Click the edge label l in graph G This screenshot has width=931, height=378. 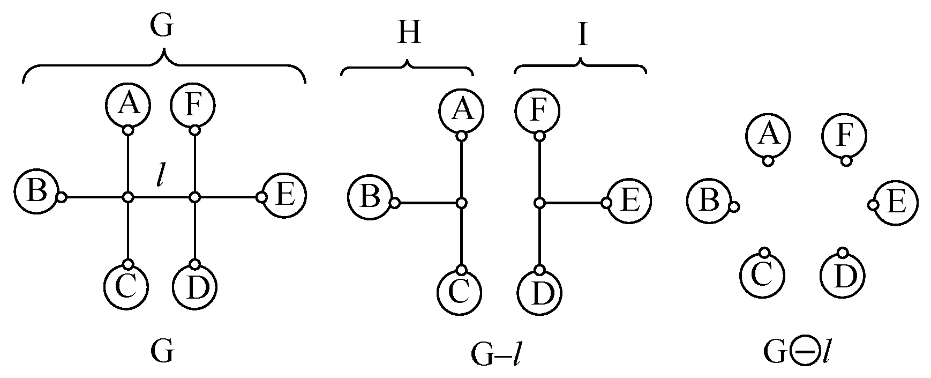click(160, 177)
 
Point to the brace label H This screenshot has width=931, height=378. click(409, 33)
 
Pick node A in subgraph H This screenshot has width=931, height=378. click(462, 110)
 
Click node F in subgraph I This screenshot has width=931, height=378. click(538, 110)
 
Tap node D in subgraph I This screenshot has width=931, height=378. click(539, 293)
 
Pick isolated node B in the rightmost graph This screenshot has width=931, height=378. click(709, 202)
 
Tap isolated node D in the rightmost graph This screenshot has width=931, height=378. click(843, 275)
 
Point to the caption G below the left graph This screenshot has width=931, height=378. click(162, 352)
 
